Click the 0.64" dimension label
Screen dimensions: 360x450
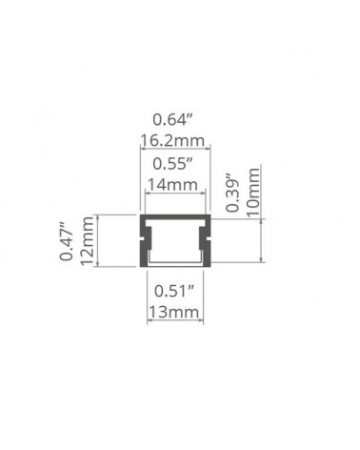(x=173, y=120)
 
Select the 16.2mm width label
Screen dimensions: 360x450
(x=172, y=140)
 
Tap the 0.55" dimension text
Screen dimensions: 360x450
(x=173, y=164)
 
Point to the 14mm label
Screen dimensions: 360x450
(x=173, y=185)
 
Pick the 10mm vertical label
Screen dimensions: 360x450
(x=253, y=193)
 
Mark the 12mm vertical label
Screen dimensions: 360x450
(x=87, y=240)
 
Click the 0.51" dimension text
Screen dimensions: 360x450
(x=174, y=291)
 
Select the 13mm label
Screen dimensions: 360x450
(x=174, y=312)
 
